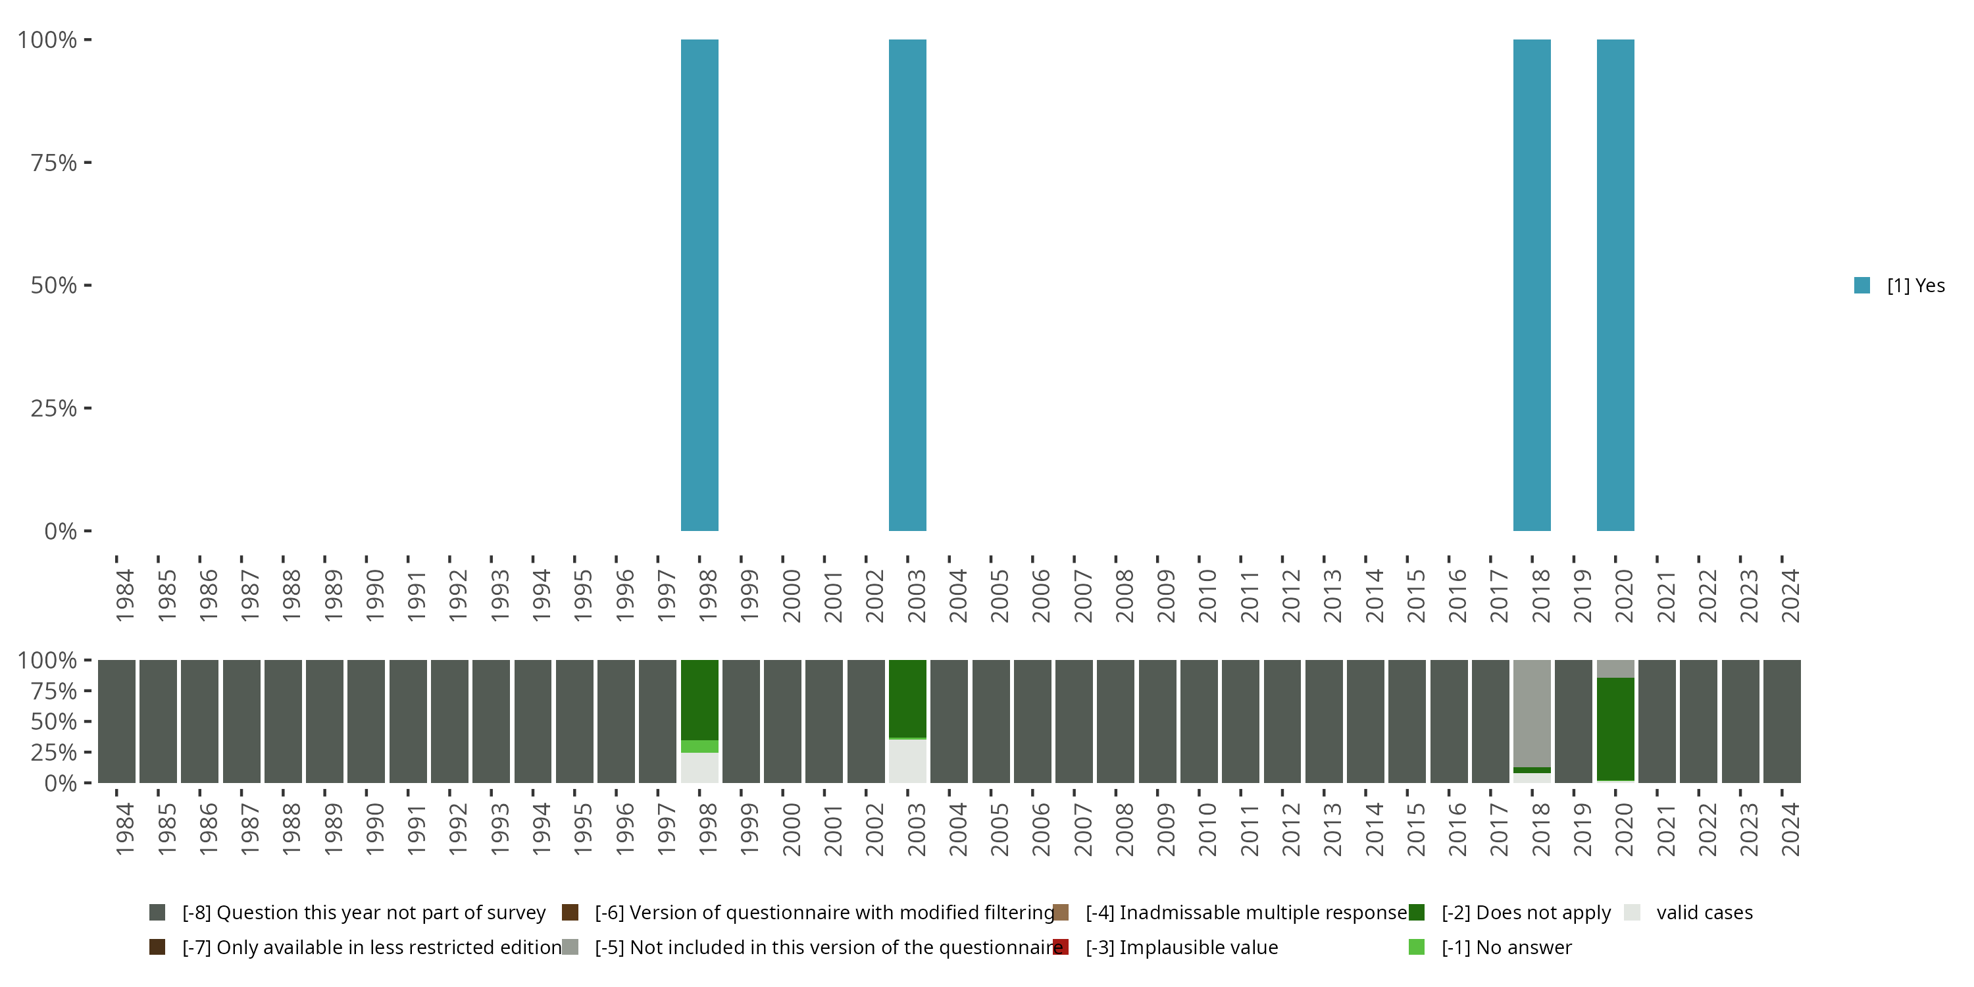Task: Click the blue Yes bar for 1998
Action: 699,285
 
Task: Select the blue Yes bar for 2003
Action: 907,285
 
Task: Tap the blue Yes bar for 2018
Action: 1532,285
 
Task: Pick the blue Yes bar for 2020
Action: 1615,285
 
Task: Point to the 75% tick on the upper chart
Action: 55,163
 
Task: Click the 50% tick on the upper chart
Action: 55,285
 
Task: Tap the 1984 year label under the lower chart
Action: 125,829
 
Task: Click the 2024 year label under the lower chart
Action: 1790,829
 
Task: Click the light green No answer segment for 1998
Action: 699,746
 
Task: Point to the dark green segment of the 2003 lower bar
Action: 907,698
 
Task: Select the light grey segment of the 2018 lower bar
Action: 1532,713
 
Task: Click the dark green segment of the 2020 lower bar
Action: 1615,728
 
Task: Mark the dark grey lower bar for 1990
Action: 367,721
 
